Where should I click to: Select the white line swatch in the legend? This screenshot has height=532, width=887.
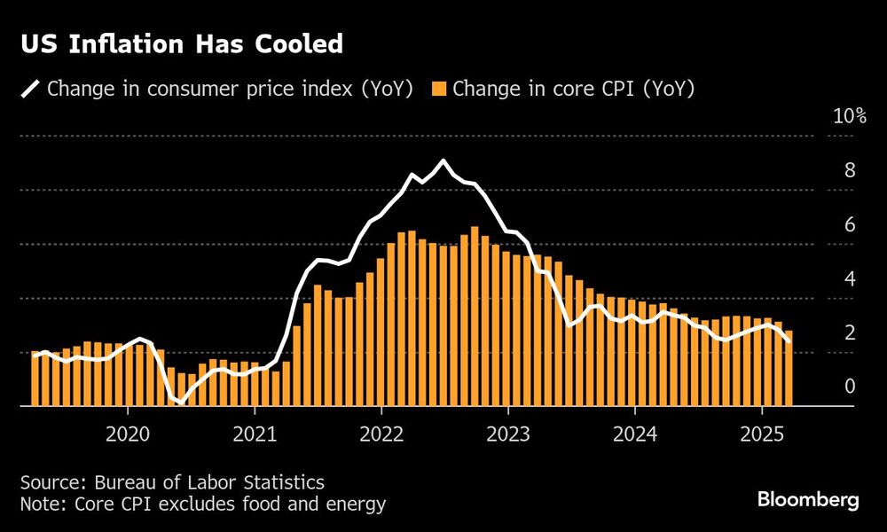31,89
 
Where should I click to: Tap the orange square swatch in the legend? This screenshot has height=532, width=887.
438,89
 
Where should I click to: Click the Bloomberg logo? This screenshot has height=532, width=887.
808,500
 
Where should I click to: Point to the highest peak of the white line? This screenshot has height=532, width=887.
443,160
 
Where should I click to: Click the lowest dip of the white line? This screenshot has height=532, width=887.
181,403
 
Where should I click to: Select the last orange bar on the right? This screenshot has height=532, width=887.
789,368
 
